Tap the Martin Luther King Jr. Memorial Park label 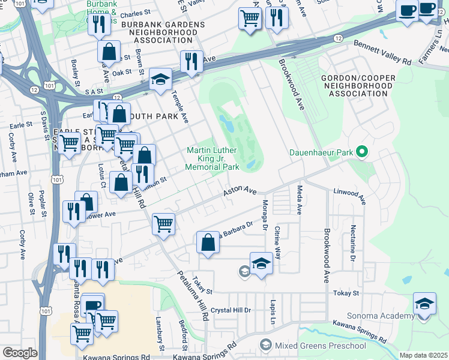pos(212,158)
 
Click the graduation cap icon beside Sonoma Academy pos(424,304)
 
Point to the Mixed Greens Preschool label pos(320,346)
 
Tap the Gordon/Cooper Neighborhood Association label pos(358,86)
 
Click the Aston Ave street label pos(240,191)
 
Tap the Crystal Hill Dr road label pos(231,310)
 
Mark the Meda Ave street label pos(299,200)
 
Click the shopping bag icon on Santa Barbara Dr pos(208,243)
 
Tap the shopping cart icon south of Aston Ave pos(163,224)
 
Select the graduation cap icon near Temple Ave pos(160,79)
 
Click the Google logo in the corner pos(20,352)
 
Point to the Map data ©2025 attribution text pos(423,355)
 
